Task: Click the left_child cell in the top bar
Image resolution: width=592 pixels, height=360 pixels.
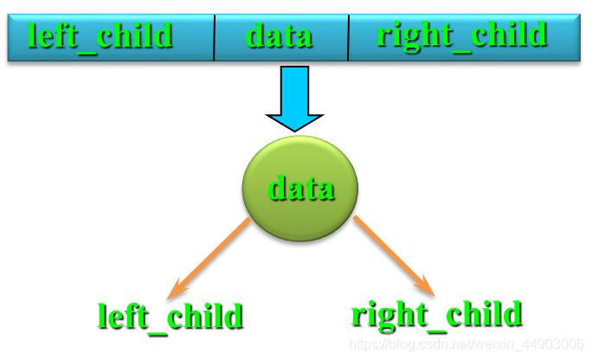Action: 101,36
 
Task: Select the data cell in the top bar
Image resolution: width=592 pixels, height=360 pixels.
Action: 279,36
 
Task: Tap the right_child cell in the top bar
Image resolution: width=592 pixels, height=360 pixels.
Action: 462,36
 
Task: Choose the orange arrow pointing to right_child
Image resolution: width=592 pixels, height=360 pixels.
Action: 392,254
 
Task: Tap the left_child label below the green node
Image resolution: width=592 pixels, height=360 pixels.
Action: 170,318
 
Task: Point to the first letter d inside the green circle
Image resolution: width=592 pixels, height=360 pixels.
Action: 277,188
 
